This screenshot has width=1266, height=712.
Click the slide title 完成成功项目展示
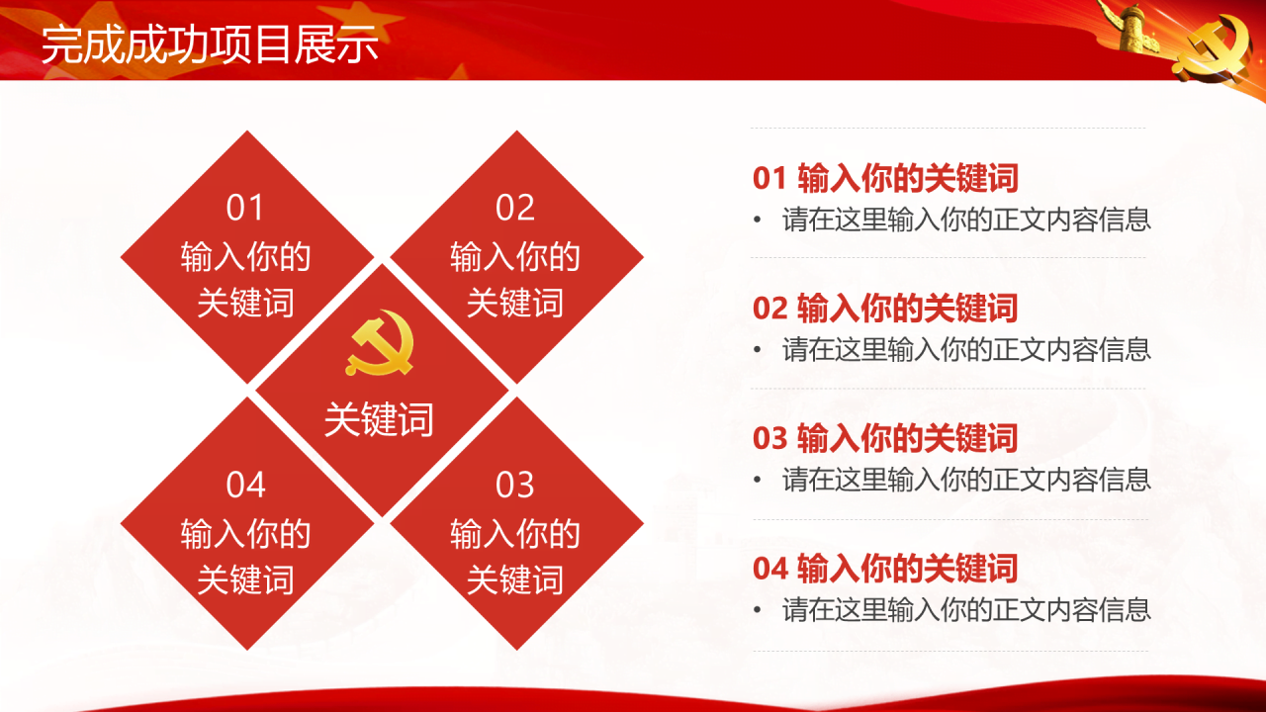pos(210,44)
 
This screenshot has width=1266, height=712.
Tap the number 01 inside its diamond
pos(244,208)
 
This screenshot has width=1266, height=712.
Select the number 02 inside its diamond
pos(515,208)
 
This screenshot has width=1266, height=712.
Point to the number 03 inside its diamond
pos(515,485)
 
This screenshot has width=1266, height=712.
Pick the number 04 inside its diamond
pos(245,485)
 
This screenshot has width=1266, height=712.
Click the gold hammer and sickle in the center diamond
pos(380,342)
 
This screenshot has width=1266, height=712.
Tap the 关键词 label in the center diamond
pos(379,420)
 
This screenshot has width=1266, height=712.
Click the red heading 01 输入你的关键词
pos(885,177)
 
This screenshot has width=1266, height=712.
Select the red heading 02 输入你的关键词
pos(885,308)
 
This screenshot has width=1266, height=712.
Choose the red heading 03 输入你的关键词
pos(885,438)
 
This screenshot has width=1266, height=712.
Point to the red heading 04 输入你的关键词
pos(885,568)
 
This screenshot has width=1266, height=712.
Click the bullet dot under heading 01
pos(758,220)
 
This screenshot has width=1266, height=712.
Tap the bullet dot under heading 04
pos(758,610)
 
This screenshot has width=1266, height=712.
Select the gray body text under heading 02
pos(966,349)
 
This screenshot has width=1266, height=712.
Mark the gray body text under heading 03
pos(966,480)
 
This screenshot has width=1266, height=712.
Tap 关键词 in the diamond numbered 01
pos(245,303)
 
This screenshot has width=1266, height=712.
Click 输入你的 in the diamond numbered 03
pos(515,534)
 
